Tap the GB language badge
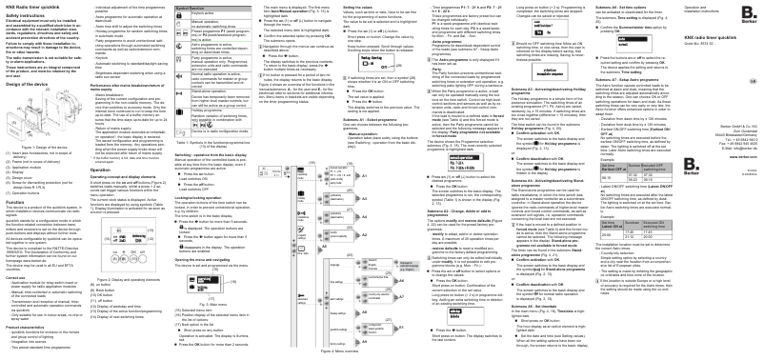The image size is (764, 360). click(x=754, y=82)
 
